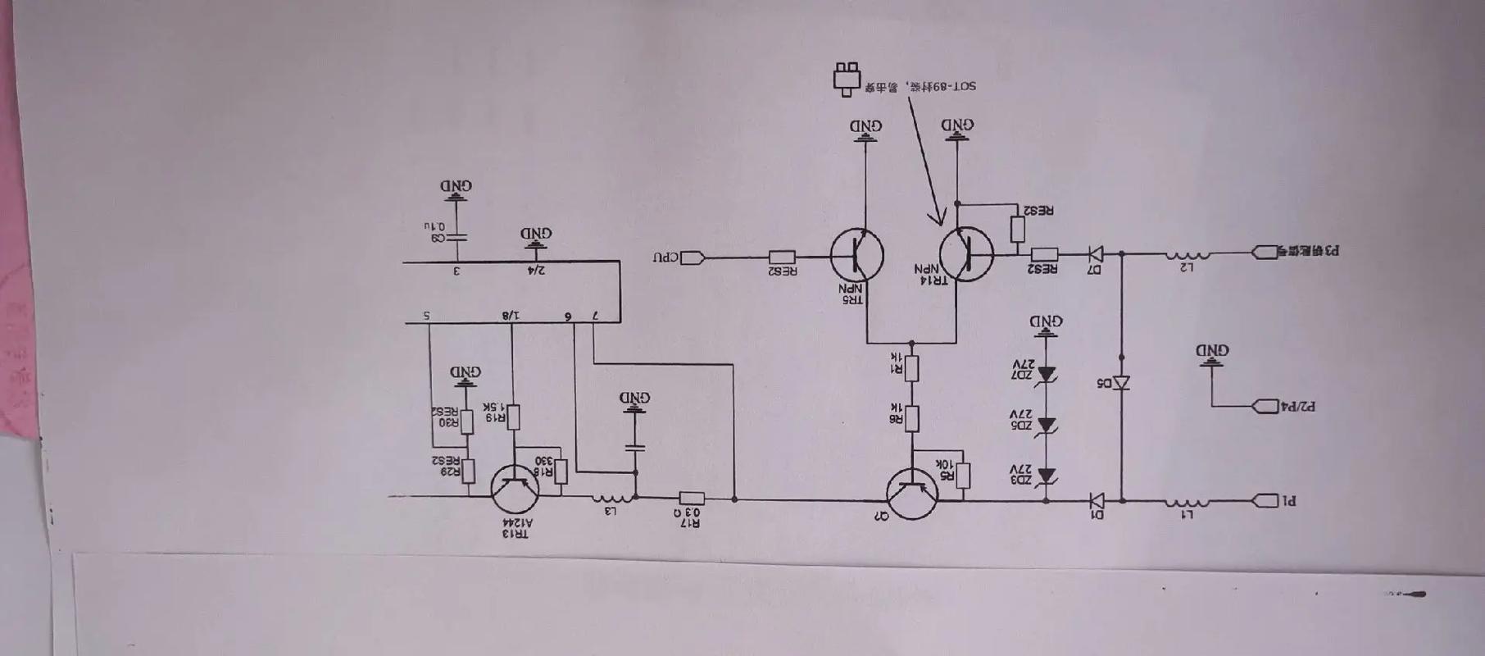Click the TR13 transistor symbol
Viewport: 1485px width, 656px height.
click(x=515, y=489)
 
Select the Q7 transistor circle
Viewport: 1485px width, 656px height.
click(x=912, y=494)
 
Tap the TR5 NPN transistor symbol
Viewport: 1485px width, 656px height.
click(x=856, y=255)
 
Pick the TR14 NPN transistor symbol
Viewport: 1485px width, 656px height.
click(x=966, y=254)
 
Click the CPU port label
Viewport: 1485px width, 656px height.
click(x=666, y=257)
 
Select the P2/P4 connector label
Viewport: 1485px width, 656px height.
click(x=1297, y=407)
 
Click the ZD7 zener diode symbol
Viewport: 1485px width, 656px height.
click(x=1046, y=374)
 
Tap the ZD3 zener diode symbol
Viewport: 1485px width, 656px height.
click(x=1046, y=476)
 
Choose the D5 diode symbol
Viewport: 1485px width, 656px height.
click(x=1121, y=383)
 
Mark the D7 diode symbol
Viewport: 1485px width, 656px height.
click(x=1094, y=254)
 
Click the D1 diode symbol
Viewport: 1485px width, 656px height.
click(x=1096, y=499)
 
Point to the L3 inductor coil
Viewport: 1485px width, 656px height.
click(x=611, y=497)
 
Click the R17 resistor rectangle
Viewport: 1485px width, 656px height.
click(x=692, y=498)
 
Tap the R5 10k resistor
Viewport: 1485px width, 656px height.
click(x=964, y=476)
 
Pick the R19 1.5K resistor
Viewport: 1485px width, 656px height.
click(x=513, y=417)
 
